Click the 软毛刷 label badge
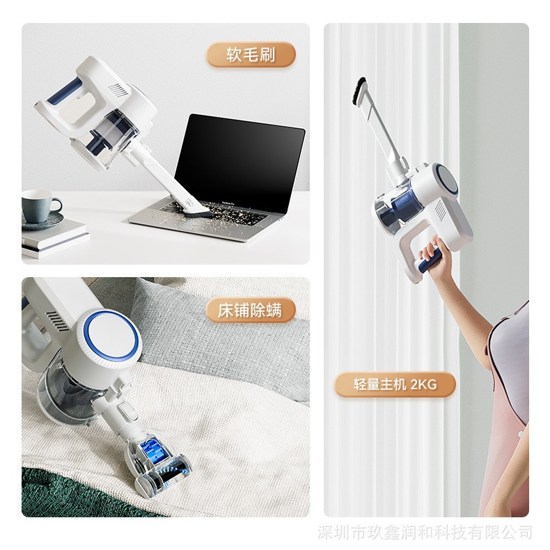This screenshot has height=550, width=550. [x=251, y=54]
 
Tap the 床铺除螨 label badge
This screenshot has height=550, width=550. [x=250, y=310]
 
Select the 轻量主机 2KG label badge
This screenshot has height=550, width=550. [x=395, y=384]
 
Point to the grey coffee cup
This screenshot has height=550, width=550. [x=40, y=206]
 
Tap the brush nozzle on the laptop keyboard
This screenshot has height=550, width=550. [x=195, y=209]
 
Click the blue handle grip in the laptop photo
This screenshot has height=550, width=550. [x=65, y=91]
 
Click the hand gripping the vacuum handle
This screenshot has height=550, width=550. [x=433, y=253]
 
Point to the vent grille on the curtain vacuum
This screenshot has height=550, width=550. [x=440, y=210]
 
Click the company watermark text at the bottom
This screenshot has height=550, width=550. [x=425, y=532]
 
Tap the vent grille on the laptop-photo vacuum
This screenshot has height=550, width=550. [x=118, y=90]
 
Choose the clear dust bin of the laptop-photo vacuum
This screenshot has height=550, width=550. [x=105, y=139]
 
